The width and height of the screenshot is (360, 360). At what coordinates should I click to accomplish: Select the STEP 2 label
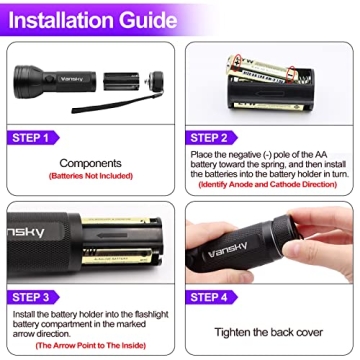[211, 138]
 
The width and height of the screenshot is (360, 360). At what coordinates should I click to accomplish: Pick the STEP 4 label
[211, 296]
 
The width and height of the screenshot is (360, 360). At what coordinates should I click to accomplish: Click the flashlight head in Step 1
[30, 78]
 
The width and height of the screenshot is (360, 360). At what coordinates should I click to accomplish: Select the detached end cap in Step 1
[152, 79]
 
